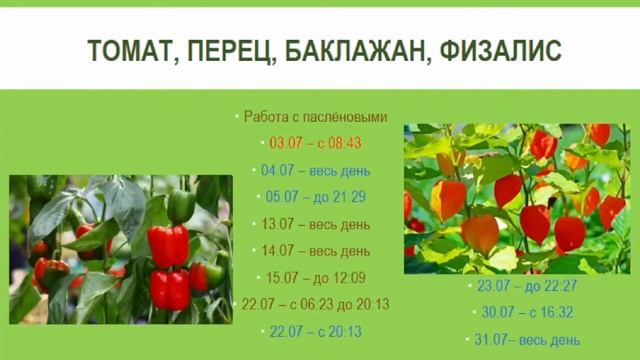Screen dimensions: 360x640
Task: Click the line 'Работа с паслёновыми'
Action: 315,117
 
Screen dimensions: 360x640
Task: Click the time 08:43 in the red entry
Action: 344,144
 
